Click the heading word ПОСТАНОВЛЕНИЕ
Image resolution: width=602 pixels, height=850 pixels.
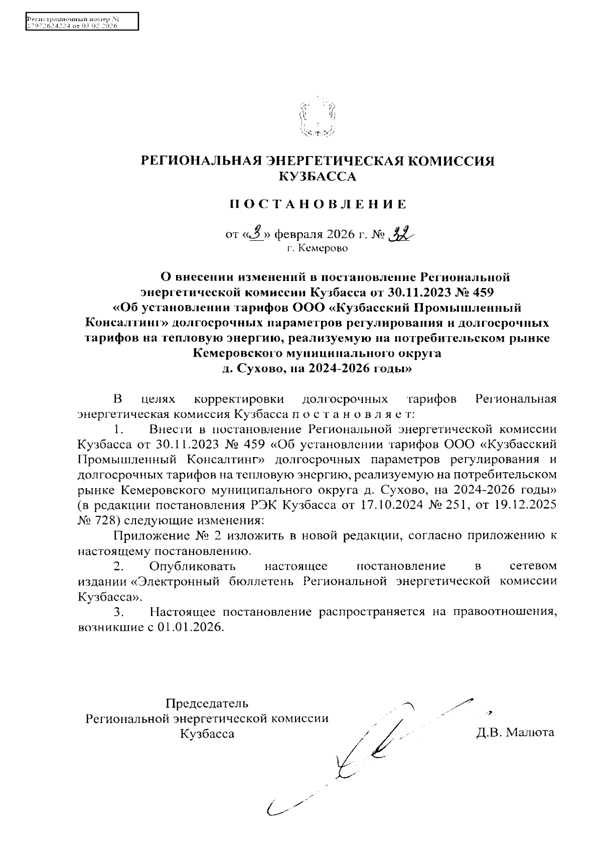317,204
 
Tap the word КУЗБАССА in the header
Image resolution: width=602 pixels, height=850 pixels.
317,176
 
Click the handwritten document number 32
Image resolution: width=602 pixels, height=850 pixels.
402,233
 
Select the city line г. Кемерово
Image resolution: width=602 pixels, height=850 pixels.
317,248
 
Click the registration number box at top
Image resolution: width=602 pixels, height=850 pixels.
81,22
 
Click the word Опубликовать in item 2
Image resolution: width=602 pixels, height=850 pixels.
193,566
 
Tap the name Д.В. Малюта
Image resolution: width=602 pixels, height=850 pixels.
515,733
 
